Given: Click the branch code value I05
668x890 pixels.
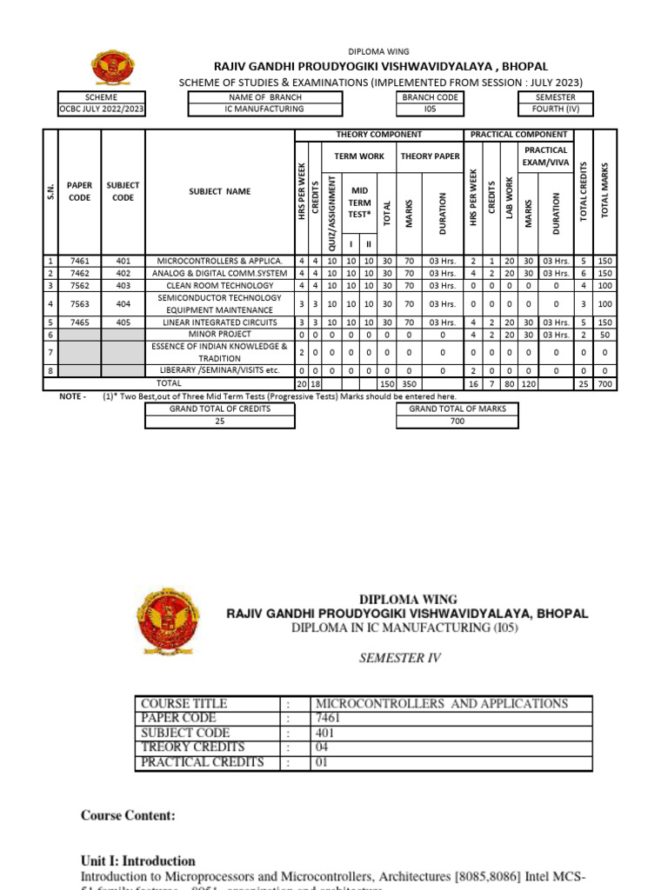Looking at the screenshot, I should (x=430, y=110).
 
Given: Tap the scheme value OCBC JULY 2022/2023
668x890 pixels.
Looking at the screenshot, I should (x=101, y=110).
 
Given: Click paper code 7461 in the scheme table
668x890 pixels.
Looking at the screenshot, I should (x=79, y=261).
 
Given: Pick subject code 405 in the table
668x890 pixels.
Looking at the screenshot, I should (x=123, y=322).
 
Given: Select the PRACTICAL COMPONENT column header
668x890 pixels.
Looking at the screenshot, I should (x=518, y=135).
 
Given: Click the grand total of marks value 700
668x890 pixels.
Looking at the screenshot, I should (x=458, y=422).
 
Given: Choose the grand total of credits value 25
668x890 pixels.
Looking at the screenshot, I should (x=219, y=422).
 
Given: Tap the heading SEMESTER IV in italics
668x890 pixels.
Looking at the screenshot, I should (x=400, y=658).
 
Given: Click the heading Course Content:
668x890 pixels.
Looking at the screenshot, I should (x=128, y=816).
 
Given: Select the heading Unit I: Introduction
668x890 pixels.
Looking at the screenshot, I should (x=138, y=860).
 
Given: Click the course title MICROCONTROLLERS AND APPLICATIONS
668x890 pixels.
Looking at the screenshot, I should (x=441, y=703).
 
